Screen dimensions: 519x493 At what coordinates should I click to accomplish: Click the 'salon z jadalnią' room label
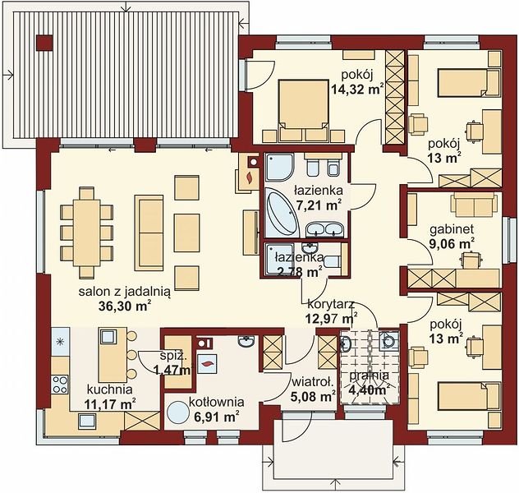[x=125, y=292]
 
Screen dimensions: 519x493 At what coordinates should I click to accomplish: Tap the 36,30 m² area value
[x=125, y=306]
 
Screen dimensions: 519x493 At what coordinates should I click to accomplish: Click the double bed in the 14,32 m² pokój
[x=304, y=105]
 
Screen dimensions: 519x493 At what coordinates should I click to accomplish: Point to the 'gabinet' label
[x=452, y=229]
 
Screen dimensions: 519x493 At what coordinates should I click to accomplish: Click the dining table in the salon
[x=87, y=233]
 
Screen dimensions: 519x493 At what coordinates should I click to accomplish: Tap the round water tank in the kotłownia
[x=177, y=412]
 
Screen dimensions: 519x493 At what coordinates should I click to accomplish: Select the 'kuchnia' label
[x=109, y=389]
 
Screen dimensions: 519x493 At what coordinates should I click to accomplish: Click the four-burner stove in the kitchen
[x=60, y=385]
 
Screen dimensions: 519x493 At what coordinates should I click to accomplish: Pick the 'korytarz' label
[x=331, y=304]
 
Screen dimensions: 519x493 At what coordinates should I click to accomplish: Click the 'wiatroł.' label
[x=312, y=383]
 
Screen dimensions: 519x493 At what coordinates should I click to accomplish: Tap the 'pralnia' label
[x=369, y=376]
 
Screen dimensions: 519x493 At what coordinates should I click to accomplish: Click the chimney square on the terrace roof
[x=44, y=43]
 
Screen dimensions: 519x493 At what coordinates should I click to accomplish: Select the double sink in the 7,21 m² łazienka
[x=324, y=229]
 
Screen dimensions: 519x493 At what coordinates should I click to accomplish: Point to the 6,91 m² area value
[x=214, y=417]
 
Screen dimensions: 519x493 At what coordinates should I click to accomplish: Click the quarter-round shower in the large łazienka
[x=280, y=167]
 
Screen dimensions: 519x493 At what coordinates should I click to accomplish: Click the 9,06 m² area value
[x=452, y=244]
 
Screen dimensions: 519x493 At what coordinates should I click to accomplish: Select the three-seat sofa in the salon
[x=149, y=233]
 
